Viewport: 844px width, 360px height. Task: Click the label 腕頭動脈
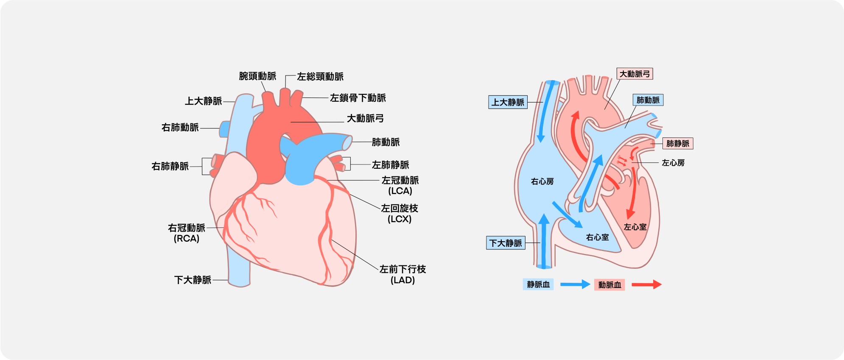[257, 76]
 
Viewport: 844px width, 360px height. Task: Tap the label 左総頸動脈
[320, 77]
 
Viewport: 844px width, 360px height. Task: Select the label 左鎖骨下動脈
[358, 98]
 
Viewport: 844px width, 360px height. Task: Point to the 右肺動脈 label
[180, 127]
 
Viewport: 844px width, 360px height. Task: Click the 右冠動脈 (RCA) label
[187, 233]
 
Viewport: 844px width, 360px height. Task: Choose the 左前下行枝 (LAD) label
[402, 274]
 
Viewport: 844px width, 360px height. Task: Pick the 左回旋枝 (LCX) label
[400, 213]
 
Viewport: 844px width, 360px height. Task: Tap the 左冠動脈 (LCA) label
[400, 185]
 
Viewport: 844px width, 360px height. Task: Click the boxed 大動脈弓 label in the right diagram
[634, 74]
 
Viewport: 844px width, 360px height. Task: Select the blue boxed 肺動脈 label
[648, 100]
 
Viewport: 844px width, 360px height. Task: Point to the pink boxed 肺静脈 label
[678, 143]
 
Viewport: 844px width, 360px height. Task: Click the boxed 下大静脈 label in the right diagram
[506, 243]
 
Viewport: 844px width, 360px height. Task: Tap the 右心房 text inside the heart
[542, 181]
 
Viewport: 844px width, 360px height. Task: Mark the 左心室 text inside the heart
[635, 227]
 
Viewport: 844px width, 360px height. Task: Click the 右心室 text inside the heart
[597, 237]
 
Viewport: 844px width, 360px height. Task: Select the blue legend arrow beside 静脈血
[575, 284]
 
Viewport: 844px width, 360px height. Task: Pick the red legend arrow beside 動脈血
[646, 284]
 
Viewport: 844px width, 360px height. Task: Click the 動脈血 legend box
[609, 285]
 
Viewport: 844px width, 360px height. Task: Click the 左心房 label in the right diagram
[673, 163]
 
